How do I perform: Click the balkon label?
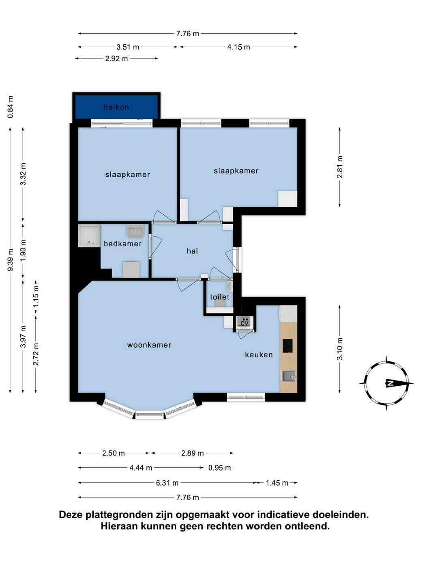pos(116,107)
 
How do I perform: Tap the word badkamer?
pos(123,244)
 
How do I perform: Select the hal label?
pos(192,251)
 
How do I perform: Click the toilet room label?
pos(219,297)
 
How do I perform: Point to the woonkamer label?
pos(149,345)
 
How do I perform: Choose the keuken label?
pos(259,354)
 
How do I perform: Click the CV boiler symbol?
pos(245,322)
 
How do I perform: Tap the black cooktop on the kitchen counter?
pos(288,346)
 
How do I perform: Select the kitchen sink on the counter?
pos(289,376)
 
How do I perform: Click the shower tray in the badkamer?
pos(89,236)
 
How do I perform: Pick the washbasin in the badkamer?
pos(135,231)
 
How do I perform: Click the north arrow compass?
pos(386,383)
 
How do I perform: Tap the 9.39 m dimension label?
pos(11,259)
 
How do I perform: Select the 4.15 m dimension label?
pos(238,47)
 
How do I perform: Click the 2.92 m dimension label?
pos(116,58)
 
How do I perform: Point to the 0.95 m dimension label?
pos(219,468)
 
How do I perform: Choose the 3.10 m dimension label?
pos(340,349)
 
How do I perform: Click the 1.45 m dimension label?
pos(277,483)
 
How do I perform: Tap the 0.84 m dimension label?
pos(11,107)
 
